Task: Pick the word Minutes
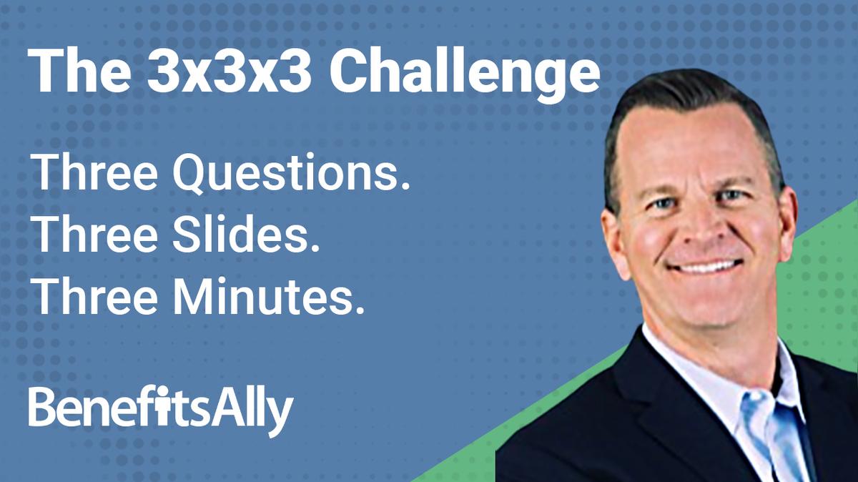point(272,296)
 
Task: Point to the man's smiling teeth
point(697,267)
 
